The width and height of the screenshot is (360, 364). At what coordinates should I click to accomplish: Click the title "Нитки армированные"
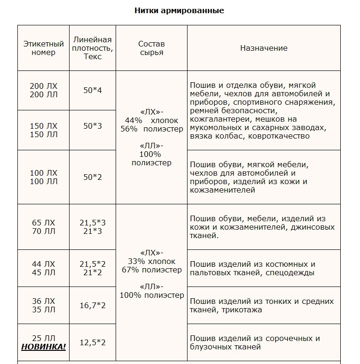coord(179,10)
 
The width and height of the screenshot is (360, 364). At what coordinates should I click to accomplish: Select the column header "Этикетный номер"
coord(44,48)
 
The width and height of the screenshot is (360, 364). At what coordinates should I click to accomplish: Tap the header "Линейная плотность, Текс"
coord(92,48)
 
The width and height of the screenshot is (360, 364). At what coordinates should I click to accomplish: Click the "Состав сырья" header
coord(151,48)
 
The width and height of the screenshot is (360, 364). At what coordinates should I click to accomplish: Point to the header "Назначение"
coord(264,48)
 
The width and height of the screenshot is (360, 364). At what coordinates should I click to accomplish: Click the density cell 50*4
coord(93,90)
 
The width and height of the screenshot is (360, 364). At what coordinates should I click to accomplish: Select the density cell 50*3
coord(93,126)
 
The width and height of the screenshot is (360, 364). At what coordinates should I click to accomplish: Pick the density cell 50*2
coord(93,177)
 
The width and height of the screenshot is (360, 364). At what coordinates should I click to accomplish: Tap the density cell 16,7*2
coord(93,305)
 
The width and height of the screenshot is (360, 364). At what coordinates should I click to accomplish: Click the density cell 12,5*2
coord(93,342)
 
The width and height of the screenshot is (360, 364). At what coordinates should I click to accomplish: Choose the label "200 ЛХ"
coord(44,86)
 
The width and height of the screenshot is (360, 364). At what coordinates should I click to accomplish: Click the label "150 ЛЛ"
coord(44,134)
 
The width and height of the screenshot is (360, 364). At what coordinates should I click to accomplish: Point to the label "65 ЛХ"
coord(44,223)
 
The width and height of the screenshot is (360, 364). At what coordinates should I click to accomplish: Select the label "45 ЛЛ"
coord(44,272)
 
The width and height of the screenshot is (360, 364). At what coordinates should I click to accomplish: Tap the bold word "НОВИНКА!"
coord(44,347)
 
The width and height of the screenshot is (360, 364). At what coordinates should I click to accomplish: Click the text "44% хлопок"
coord(152,120)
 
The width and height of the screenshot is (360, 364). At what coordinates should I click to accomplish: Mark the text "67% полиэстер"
coord(151,270)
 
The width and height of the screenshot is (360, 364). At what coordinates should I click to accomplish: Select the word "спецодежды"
coord(290,272)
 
